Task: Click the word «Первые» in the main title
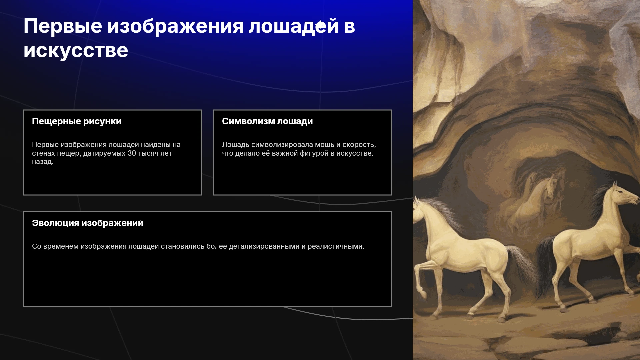(63, 26)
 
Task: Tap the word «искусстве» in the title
(76, 51)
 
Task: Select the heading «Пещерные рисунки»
(77, 122)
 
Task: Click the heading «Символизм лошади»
(267, 121)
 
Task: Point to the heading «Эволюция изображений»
(88, 223)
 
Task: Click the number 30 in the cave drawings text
(132, 153)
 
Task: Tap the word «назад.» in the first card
(43, 162)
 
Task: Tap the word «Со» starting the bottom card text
(37, 247)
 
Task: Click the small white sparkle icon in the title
(320, 26)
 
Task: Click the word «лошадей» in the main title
(294, 26)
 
